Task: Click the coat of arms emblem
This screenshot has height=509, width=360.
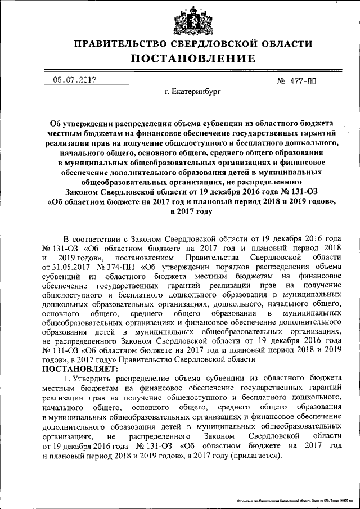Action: point(186,21)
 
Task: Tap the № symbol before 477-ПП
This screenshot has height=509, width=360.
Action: point(282,81)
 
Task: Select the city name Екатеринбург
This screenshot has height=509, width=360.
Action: point(193,90)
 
